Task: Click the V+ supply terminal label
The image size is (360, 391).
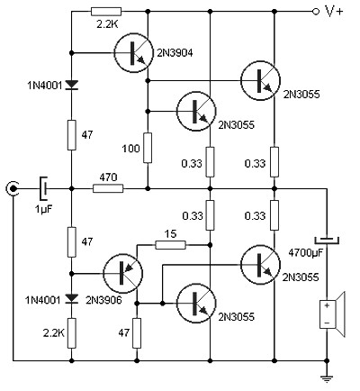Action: [334, 12]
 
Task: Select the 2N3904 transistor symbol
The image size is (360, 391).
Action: [133, 53]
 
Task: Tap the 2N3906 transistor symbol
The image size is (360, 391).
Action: [123, 273]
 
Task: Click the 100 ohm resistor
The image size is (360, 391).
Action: [148, 148]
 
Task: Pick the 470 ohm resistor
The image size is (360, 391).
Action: [108, 188]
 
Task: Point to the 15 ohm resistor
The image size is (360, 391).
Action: [170, 245]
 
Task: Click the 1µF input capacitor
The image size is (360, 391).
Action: [44, 188]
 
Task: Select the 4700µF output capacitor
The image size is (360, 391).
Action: [327, 240]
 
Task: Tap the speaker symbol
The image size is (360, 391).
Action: [332, 314]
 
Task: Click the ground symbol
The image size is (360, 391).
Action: [327, 379]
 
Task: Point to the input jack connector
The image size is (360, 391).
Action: [13, 188]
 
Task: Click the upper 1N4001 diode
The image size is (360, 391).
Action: [71, 86]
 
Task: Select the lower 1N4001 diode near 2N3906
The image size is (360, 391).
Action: [71, 298]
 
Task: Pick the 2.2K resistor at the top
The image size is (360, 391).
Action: [106, 12]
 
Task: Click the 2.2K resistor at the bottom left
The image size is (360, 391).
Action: [71, 333]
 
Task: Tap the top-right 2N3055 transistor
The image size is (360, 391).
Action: [260, 80]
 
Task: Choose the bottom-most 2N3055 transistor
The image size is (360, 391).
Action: [196, 304]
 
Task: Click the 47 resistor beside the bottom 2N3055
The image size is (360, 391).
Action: [137, 333]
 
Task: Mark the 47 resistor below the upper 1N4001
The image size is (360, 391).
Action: [71, 135]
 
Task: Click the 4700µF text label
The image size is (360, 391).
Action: [306, 253]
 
